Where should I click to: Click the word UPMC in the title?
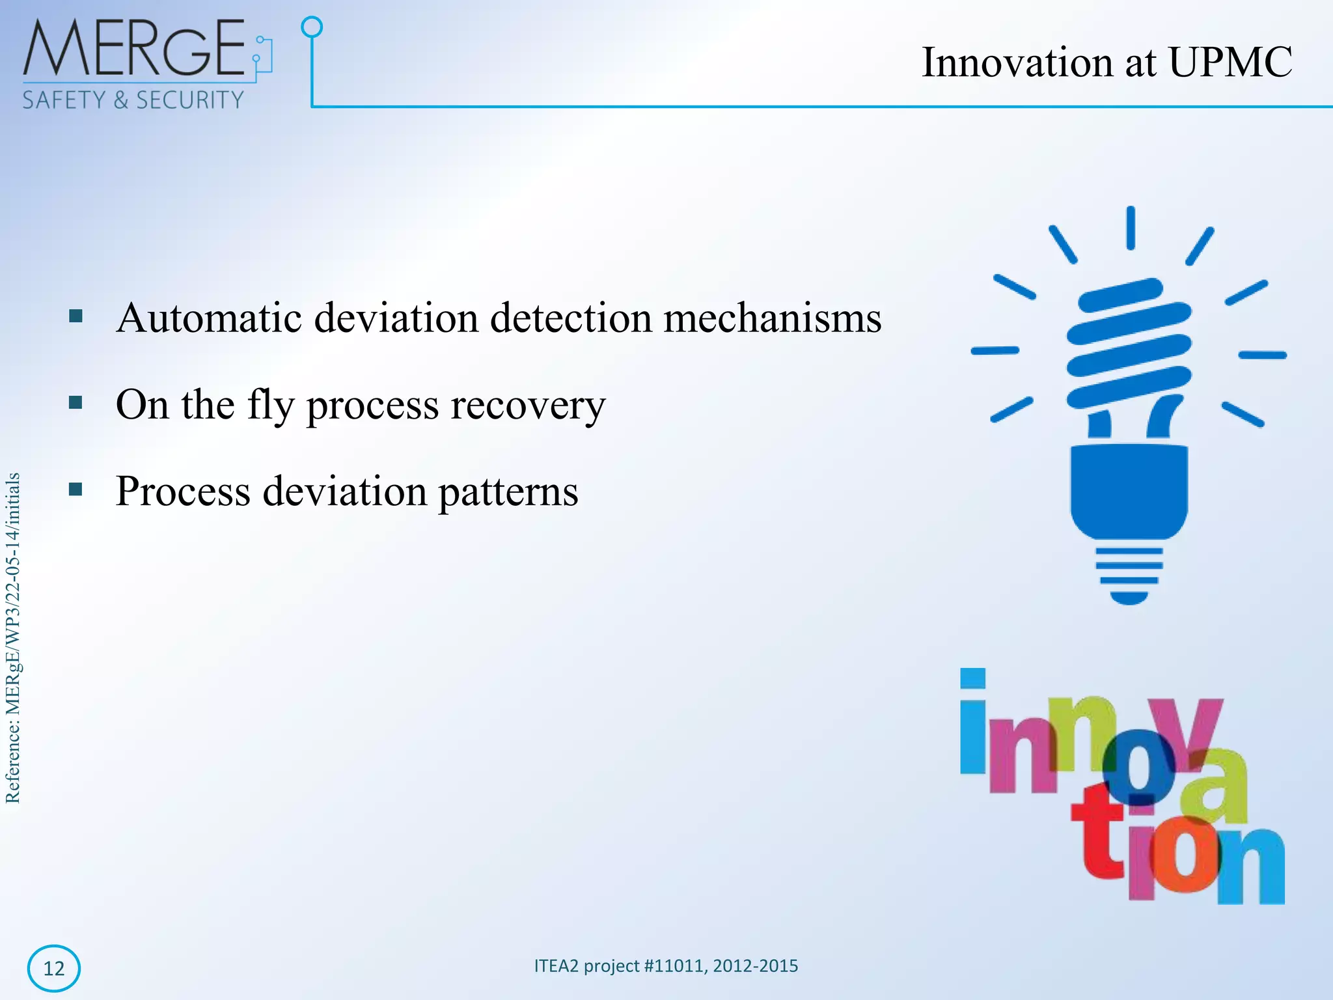coord(1230,63)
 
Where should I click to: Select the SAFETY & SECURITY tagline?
coord(133,100)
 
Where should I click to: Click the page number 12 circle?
coord(54,968)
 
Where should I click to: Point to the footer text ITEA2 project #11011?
coord(665,965)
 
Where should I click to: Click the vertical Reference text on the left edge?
coord(13,638)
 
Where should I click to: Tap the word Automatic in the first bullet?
coord(209,318)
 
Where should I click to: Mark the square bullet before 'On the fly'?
coord(76,403)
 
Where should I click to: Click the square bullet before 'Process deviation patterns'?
coord(76,489)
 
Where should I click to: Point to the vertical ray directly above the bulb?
coord(1131,228)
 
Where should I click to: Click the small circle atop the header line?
coord(312,27)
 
